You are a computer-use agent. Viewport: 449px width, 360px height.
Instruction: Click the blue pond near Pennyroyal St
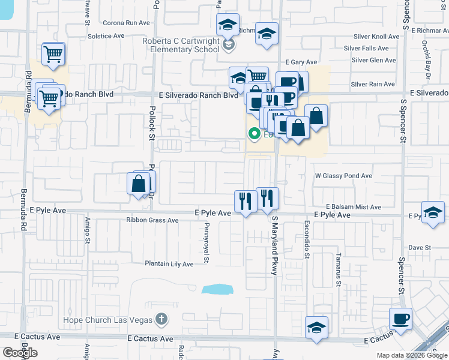tap(217, 290)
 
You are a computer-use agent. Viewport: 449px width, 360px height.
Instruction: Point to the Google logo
tap(20, 352)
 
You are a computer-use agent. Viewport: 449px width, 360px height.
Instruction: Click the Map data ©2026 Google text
tap(412, 355)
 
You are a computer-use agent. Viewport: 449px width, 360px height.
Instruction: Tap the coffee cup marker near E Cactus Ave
tap(400, 319)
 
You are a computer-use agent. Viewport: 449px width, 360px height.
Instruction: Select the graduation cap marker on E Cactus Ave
tap(316, 327)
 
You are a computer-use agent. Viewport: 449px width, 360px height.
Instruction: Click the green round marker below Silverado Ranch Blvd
tap(254, 134)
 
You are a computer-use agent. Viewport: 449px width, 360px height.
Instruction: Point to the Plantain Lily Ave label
tap(169, 264)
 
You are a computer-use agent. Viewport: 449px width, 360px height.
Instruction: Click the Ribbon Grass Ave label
tap(152, 220)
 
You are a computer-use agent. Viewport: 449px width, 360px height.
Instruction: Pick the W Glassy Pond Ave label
tap(344, 176)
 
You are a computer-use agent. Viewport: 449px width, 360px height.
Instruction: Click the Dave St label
tap(420, 247)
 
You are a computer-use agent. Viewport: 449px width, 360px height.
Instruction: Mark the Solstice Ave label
tap(106, 36)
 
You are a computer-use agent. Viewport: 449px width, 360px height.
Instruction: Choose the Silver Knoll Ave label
tap(376, 37)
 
